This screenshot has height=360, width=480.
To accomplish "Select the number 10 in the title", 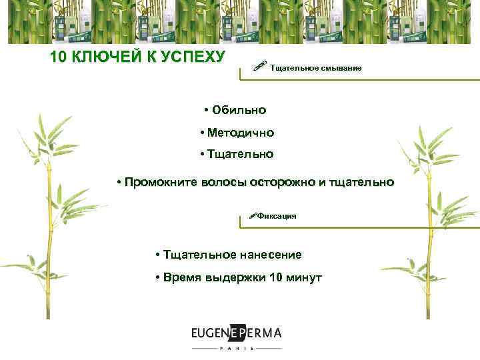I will (x=59, y=57).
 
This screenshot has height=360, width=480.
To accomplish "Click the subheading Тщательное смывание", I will (x=315, y=68).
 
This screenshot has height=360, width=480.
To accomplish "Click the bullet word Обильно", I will (x=239, y=109).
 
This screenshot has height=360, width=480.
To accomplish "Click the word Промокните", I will (x=157, y=182).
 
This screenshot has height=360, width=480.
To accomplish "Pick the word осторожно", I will (x=279, y=182).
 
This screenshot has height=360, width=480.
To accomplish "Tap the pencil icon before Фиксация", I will (x=251, y=215).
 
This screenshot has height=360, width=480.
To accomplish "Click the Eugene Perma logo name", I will (x=236, y=333).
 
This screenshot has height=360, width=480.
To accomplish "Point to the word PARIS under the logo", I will (x=237, y=349).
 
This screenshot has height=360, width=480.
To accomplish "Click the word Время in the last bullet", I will (x=181, y=277).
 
